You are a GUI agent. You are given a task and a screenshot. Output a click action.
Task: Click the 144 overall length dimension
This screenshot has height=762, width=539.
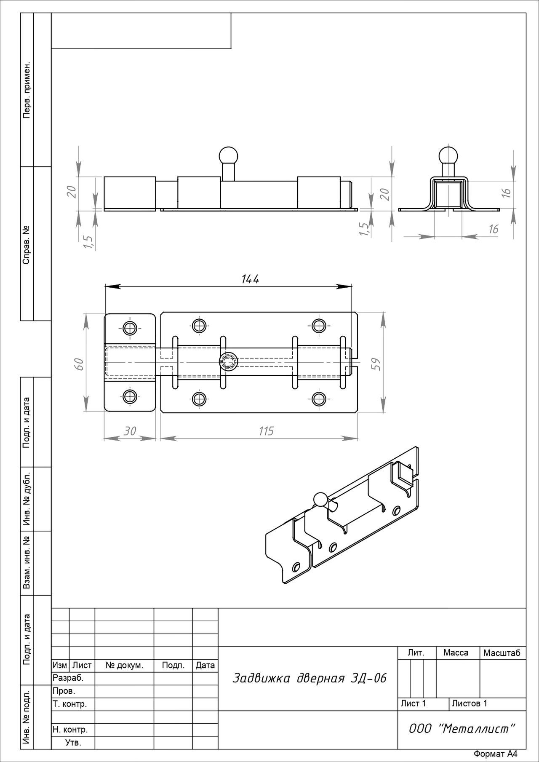click(x=250, y=279)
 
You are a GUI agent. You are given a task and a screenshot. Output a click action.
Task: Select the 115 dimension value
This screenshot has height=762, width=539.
click(x=266, y=431)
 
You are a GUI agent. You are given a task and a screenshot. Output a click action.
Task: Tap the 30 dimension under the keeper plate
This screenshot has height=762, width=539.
click(x=130, y=431)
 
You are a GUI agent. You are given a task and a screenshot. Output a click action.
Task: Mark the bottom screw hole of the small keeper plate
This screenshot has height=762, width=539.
click(x=130, y=396)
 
